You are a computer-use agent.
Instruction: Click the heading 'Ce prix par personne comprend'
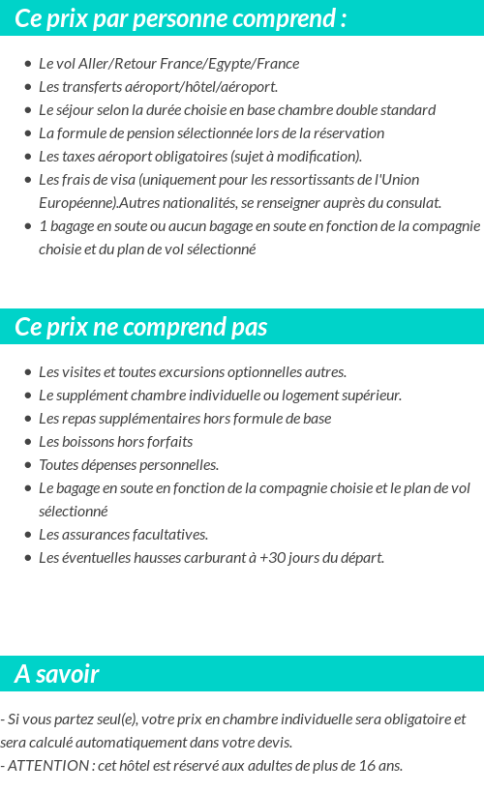(181, 18)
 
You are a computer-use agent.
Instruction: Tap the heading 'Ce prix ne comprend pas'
(141, 327)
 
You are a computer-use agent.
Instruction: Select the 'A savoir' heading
(57, 674)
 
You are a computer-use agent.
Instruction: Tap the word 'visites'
(76, 372)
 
